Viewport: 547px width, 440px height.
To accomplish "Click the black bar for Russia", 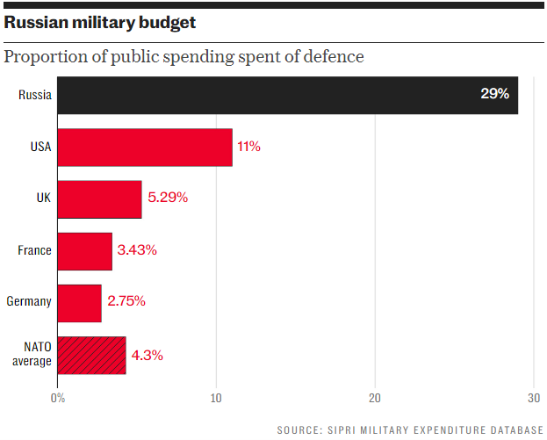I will point(287,95).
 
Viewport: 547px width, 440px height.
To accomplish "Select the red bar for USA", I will point(145,147).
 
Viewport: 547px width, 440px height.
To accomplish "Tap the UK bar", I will point(99,198).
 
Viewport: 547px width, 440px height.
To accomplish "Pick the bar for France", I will point(84,250).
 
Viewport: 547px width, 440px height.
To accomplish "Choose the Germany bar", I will point(79,302).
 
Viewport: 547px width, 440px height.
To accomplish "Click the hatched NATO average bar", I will point(91,355).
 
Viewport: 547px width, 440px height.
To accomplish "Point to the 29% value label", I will point(494,94).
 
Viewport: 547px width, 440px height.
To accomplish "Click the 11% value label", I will point(248,147).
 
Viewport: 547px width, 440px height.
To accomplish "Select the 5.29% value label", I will point(168,198).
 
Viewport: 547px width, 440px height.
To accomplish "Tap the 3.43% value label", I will point(138,250).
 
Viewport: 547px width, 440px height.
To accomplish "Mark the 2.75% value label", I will point(126,302).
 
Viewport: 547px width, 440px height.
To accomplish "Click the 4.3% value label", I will point(148,356).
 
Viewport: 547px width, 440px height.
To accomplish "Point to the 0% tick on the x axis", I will point(58,399).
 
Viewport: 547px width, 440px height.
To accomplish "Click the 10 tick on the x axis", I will point(216,399).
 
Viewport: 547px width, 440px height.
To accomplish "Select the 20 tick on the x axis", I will point(375,399).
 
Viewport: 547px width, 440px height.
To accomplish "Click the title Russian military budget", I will point(99,23).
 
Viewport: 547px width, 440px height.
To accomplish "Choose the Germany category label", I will point(29,302).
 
